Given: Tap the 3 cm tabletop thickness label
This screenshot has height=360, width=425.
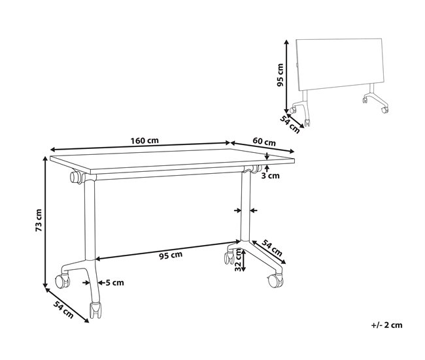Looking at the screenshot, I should tap(271, 175).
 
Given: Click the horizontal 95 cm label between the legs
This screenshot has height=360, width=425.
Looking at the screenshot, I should tap(171, 255).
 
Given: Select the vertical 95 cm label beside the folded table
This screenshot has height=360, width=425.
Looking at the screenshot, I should tap(279, 75).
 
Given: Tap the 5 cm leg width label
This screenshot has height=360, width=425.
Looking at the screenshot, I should tap(114, 282).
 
